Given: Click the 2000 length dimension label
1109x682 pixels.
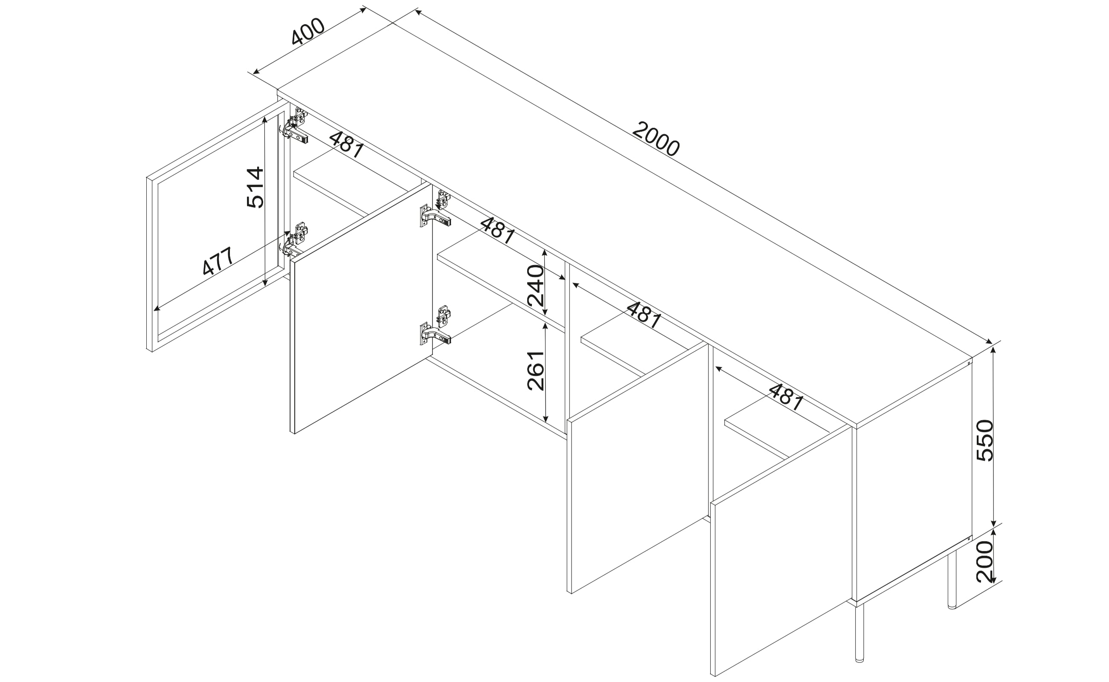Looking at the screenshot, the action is [x=656, y=139].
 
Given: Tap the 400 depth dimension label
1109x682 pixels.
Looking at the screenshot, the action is [x=308, y=32].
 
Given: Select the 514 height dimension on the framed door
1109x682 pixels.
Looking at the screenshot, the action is [x=255, y=187].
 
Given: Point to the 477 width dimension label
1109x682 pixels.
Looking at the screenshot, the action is [x=218, y=261].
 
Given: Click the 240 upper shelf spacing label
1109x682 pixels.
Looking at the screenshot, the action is [x=536, y=286].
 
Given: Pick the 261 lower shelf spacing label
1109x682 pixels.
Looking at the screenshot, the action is [x=536, y=370].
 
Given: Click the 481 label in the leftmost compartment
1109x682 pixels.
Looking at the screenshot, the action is [x=346, y=145].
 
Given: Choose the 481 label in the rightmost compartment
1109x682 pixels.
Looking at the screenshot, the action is [x=786, y=397].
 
